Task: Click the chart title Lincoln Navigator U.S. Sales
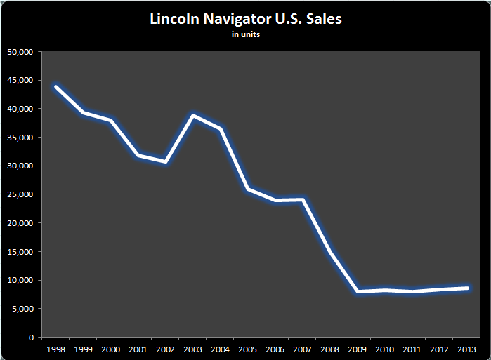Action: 245,19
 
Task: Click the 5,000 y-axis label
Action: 25,309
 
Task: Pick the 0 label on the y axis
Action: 32,338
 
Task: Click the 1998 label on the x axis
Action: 56,349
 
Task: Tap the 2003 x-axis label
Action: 193,349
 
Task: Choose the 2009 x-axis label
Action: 358,349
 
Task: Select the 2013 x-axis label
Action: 467,349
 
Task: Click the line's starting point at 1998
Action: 56,87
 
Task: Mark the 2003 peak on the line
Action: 193,115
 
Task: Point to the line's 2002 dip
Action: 166,161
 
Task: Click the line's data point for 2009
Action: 358,291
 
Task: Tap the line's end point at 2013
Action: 467,288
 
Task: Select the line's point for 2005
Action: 248,189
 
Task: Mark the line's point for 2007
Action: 303,200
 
